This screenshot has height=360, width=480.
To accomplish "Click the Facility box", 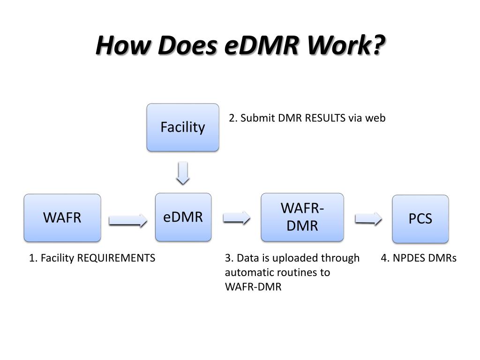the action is [x=183, y=127].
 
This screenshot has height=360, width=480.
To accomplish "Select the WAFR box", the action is [x=62, y=218].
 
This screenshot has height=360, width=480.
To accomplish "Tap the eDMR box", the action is [x=183, y=217].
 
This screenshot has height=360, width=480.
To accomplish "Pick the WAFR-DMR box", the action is [x=302, y=217].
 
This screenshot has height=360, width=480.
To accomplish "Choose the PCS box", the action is [x=420, y=219].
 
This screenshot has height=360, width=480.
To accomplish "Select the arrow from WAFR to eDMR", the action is [x=128, y=220].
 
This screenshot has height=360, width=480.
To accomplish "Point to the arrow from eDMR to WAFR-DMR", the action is [x=237, y=218].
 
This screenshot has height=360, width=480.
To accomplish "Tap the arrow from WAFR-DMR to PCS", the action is [x=368, y=219].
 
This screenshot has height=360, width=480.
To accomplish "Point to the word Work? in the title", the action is [x=346, y=45].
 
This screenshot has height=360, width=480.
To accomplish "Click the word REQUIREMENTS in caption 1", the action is [x=116, y=258].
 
